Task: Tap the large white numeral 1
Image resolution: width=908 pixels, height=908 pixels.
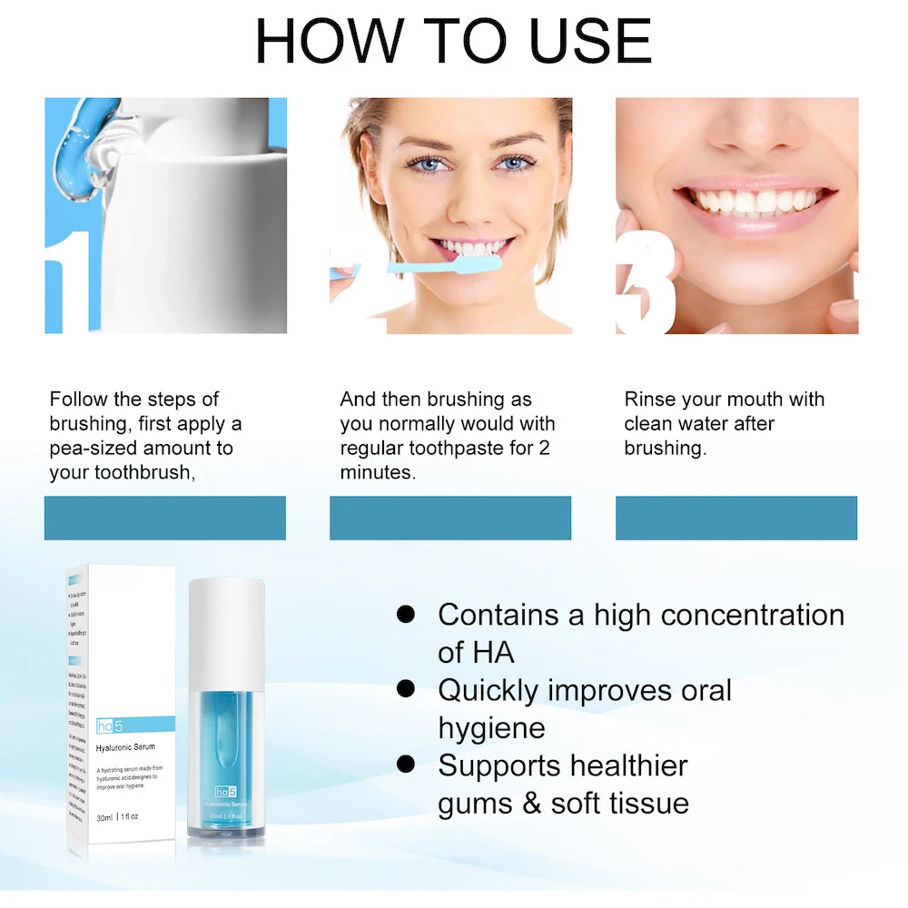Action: (x=69, y=281)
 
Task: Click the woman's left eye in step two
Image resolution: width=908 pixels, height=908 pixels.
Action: (x=509, y=163)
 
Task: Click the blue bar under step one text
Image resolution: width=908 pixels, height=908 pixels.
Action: (x=165, y=518)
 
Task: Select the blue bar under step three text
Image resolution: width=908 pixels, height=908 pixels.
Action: (x=735, y=518)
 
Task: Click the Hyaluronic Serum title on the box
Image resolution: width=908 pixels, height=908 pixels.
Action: (x=125, y=747)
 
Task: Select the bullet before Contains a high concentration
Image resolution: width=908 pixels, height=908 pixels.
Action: (x=406, y=615)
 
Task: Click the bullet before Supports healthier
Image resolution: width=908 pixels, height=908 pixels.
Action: (x=406, y=765)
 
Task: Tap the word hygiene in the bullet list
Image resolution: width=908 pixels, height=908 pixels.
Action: (x=491, y=727)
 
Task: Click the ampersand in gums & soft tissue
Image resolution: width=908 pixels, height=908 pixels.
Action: (x=529, y=803)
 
